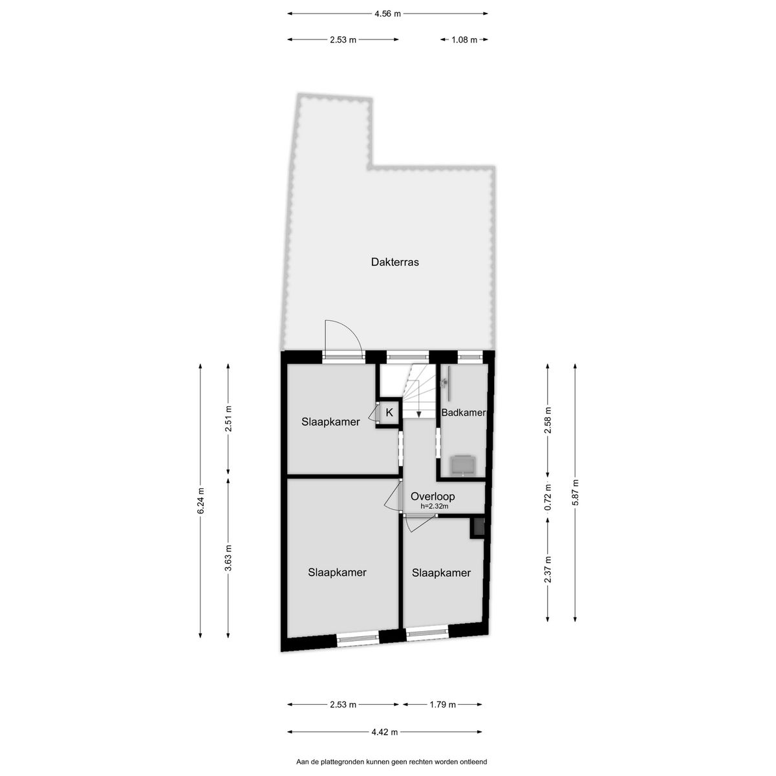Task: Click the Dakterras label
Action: (x=394, y=263)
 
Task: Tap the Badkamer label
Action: (x=463, y=413)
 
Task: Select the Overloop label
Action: (x=433, y=497)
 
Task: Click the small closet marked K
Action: (x=389, y=412)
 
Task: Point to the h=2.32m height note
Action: (x=434, y=506)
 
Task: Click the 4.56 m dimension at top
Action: (x=387, y=13)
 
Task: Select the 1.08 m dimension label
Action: (x=464, y=39)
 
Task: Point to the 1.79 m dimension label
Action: (x=442, y=704)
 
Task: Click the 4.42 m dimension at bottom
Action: (x=385, y=732)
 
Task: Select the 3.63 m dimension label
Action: (x=228, y=557)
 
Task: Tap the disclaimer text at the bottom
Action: (x=391, y=762)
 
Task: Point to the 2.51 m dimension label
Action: (x=228, y=418)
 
